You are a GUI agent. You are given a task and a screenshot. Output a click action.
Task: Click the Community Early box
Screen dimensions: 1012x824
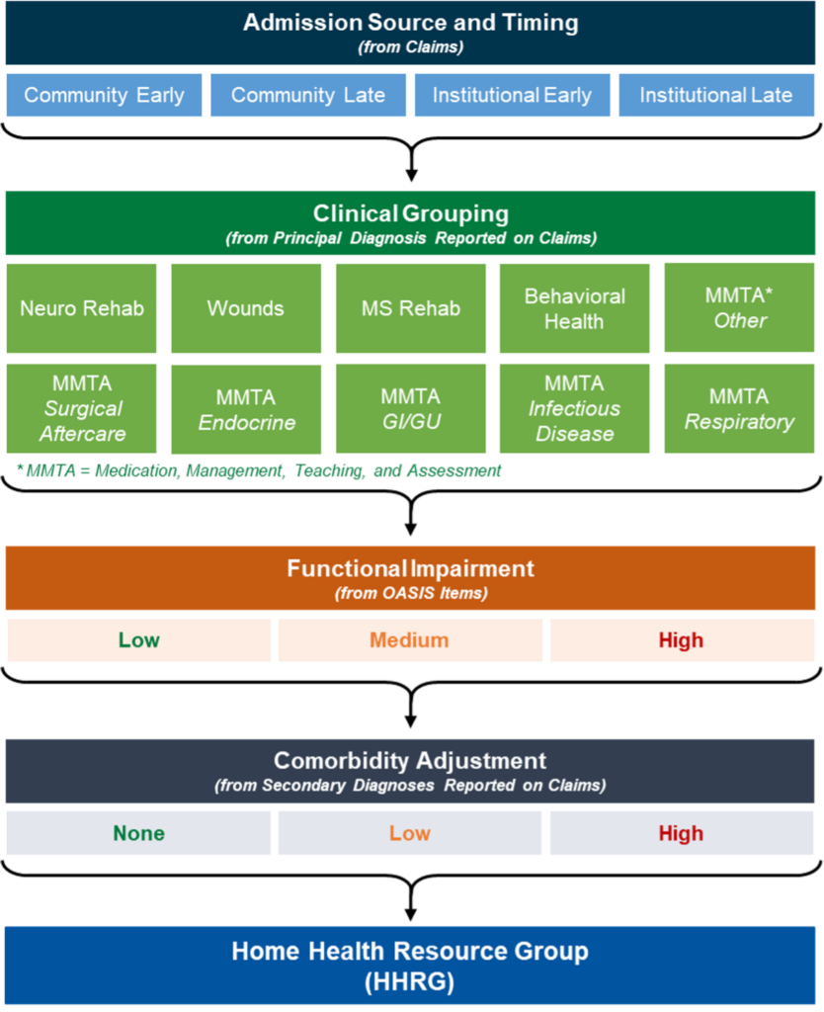[x=104, y=95]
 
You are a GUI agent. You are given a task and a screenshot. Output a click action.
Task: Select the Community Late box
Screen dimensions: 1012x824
[x=308, y=95]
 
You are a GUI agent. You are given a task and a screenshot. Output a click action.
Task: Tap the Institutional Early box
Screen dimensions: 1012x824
[x=512, y=95]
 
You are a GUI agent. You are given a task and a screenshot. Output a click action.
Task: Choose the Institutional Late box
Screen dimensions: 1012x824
[x=716, y=95]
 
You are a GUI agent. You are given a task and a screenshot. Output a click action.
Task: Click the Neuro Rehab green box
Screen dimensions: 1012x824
[x=82, y=308]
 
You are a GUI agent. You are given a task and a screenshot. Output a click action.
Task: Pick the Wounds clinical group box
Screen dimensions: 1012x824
[x=246, y=308]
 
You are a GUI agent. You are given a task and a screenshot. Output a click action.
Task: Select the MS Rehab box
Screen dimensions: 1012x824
[x=410, y=308]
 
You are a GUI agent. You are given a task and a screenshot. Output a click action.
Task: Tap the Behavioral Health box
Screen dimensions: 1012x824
[x=574, y=308]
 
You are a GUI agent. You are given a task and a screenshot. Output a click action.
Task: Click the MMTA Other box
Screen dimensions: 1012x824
[x=738, y=308]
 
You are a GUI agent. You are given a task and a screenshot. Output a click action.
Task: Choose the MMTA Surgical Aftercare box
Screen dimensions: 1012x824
[x=82, y=408]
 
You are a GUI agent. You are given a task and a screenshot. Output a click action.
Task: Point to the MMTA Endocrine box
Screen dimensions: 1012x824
[x=246, y=409]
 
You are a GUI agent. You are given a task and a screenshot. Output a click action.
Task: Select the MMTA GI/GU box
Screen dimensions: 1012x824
[x=410, y=409]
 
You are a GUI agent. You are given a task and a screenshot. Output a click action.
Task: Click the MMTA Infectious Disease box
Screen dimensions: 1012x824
[x=574, y=408]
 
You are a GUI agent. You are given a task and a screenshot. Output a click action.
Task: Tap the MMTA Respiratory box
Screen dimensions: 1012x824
[x=738, y=408]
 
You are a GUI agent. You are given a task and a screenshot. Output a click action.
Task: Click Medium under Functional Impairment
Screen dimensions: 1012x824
[x=409, y=640]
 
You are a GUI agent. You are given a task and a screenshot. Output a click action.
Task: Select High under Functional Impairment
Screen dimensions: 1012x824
[x=681, y=640]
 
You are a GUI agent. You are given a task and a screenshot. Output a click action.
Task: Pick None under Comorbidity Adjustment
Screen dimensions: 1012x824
[x=138, y=833]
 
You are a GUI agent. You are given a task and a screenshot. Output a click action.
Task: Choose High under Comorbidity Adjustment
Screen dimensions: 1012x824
[x=681, y=833]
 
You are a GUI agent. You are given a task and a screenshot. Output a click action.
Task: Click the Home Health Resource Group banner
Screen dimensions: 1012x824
[x=410, y=966]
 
